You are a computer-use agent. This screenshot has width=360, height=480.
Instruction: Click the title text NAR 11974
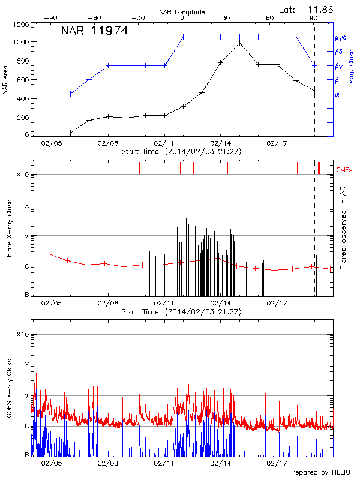click(x=94, y=32)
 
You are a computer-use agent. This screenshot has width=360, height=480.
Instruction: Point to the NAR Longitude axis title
click(x=182, y=12)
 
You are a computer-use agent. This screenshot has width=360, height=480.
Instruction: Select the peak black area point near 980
click(x=239, y=43)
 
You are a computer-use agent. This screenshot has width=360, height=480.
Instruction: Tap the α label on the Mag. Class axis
click(x=337, y=94)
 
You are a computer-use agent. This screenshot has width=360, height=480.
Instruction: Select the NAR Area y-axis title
click(x=5, y=80)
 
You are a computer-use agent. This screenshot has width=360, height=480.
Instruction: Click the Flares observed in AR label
click(x=343, y=228)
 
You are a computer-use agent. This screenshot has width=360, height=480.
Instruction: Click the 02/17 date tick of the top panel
click(x=277, y=144)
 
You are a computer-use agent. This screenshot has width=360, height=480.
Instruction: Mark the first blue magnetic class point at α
click(x=70, y=94)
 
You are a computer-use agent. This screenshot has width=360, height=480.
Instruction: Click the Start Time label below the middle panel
click(x=181, y=312)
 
